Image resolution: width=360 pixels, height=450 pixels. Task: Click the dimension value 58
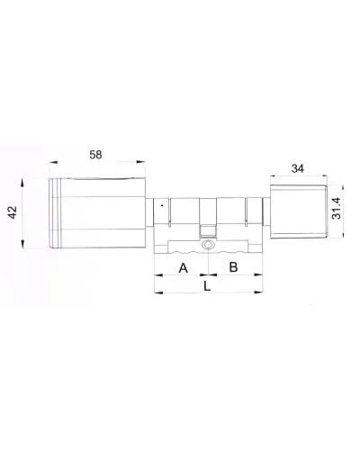coord(95,155)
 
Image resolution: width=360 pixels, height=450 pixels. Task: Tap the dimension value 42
coord(13,212)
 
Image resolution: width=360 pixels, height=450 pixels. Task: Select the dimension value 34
coord(298,168)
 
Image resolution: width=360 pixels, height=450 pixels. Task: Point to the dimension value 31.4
coord(337,208)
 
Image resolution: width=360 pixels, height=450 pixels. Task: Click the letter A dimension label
coord(184,268)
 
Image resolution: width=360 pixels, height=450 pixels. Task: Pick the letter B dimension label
coord(233,267)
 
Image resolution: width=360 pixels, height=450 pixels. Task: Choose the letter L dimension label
coord(207,286)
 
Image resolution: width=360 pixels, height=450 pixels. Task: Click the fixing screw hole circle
coord(208,245)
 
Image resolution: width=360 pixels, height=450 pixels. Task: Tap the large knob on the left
coord(98,213)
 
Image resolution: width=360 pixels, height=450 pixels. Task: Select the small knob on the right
coord(298,211)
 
